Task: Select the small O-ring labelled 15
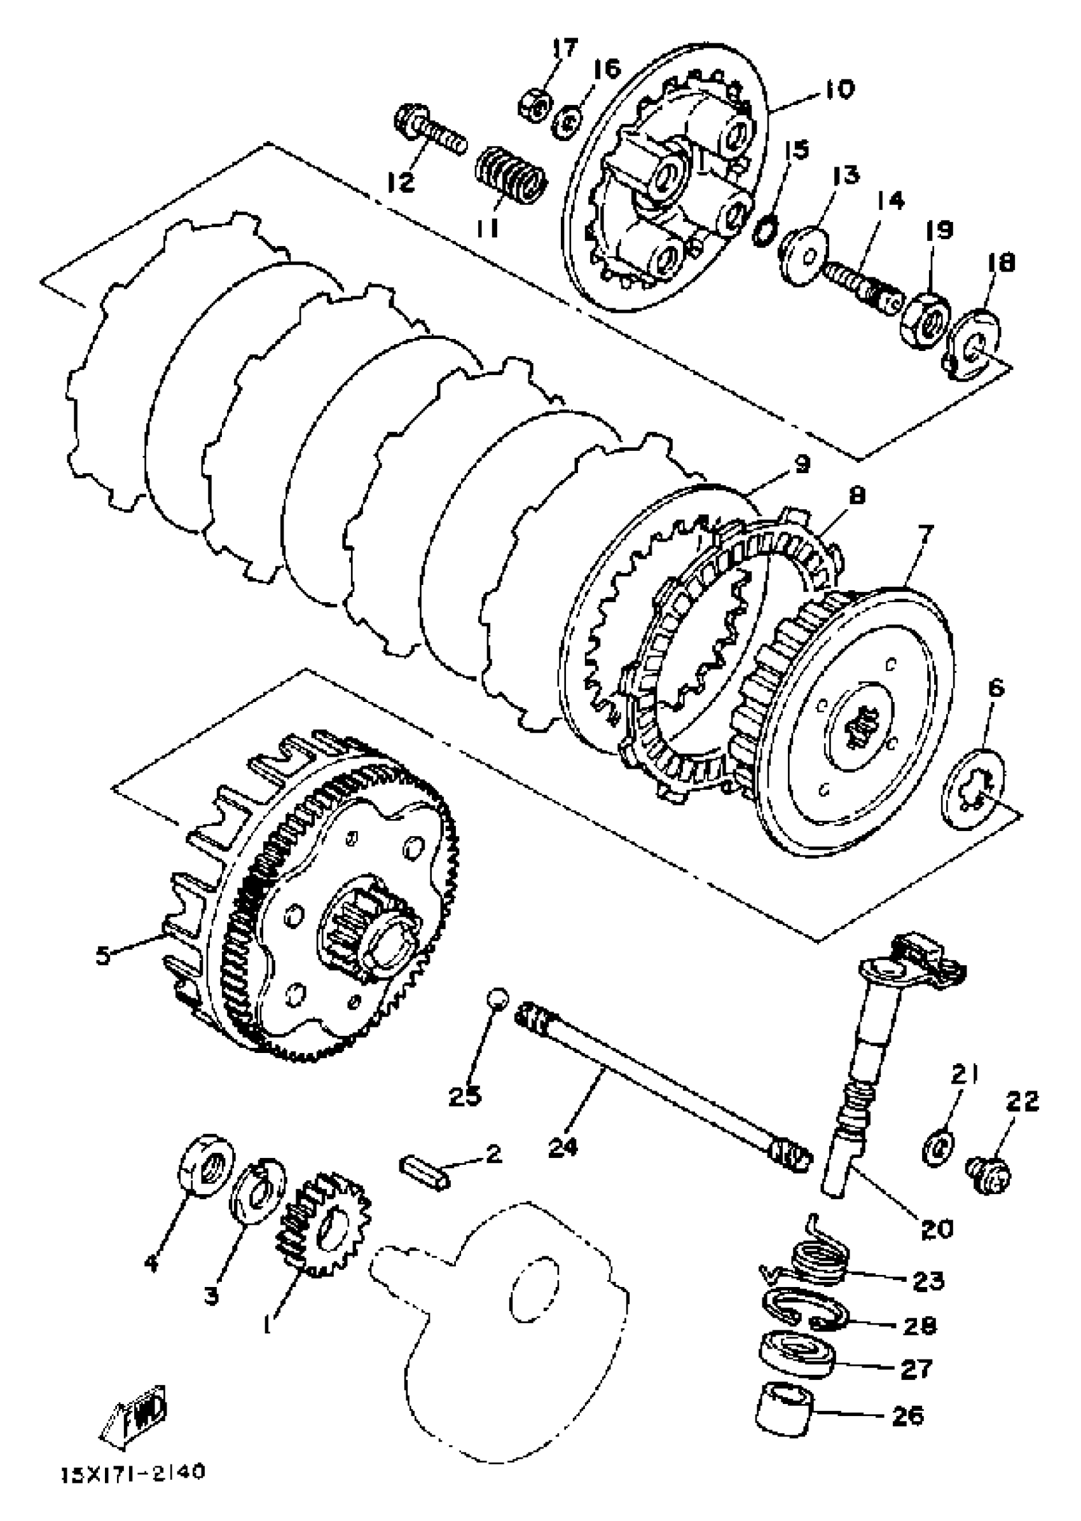(764, 231)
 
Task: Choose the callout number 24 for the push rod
(565, 1147)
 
